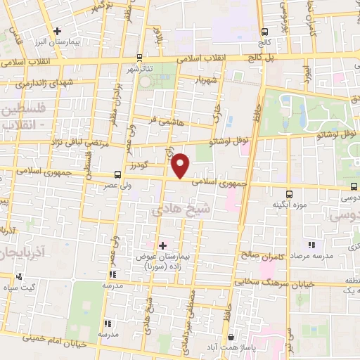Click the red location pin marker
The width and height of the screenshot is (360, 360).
coord(181,165)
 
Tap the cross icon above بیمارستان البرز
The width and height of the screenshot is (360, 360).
coord(58,31)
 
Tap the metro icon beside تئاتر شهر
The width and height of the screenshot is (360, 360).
coord(139,58)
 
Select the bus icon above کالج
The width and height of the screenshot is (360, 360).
coord(264,32)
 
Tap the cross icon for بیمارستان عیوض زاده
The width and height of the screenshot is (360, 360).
coord(162,246)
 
